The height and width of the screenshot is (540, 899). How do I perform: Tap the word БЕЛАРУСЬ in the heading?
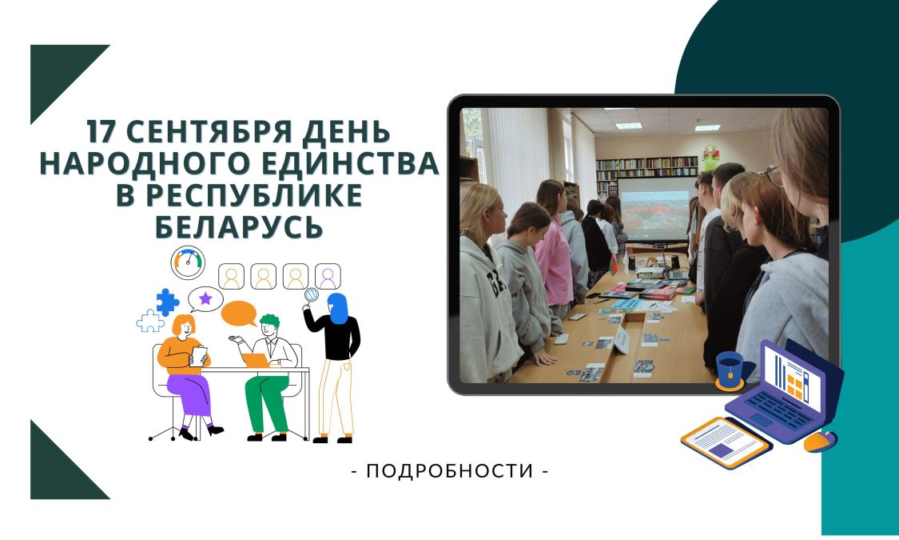[239, 226]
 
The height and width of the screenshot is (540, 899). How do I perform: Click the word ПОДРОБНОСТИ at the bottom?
[450, 470]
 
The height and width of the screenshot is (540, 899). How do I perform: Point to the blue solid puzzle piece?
[167, 302]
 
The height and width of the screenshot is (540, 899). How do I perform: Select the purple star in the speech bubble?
[205, 298]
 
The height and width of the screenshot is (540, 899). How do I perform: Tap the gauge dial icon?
[188, 262]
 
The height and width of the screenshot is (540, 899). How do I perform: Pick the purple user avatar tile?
[328, 277]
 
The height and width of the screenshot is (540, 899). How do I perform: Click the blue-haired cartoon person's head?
[338, 308]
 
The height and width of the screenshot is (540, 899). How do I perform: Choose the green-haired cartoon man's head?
[269, 327]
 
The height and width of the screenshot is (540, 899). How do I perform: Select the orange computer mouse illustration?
[820, 442]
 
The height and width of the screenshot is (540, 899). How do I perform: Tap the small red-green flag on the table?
[614, 265]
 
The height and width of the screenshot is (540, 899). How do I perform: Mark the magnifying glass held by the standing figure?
[312, 295]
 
